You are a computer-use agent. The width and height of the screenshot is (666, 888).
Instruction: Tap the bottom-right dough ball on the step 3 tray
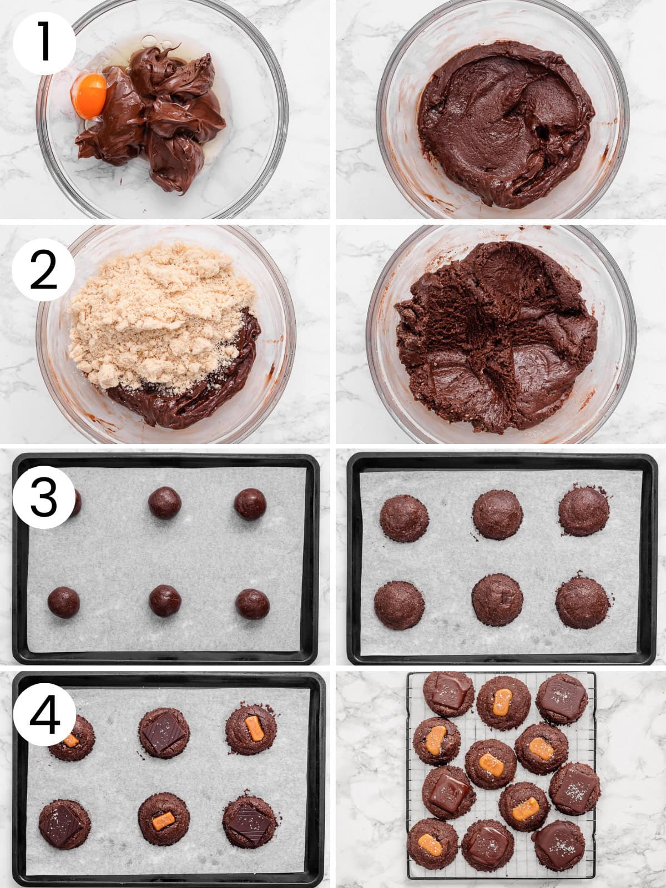click(253, 604)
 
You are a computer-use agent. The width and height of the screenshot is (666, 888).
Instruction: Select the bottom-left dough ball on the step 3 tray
click(63, 602)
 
